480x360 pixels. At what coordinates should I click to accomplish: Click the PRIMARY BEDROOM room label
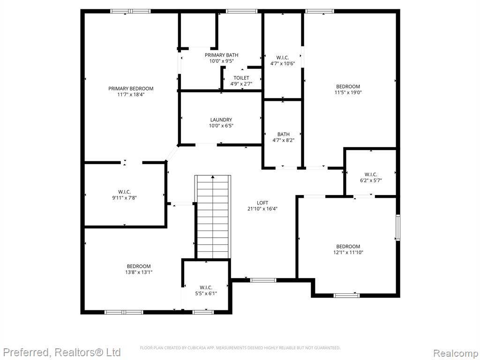point(131,89)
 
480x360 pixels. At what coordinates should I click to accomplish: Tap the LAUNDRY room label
point(221,120)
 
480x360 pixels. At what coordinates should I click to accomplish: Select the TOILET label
point(241,78)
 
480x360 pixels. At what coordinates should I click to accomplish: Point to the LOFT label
point(262,202)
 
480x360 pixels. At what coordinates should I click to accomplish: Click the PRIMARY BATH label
point(221,55)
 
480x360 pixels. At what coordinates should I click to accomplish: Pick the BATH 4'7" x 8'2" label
point(284,137)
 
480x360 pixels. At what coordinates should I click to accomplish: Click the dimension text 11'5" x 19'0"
point(348,92)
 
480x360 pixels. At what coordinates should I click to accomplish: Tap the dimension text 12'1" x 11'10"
point(348,252)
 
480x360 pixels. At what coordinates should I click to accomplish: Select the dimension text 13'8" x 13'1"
point(139,272)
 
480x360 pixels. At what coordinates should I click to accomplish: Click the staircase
point(213,217)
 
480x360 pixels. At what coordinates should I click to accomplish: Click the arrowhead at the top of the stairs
point(213,177)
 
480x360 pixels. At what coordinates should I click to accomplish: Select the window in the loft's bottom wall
point(263,280)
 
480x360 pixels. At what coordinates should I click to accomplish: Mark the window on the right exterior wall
point(397,227)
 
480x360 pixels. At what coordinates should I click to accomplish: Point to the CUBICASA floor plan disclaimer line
point(240,348)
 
